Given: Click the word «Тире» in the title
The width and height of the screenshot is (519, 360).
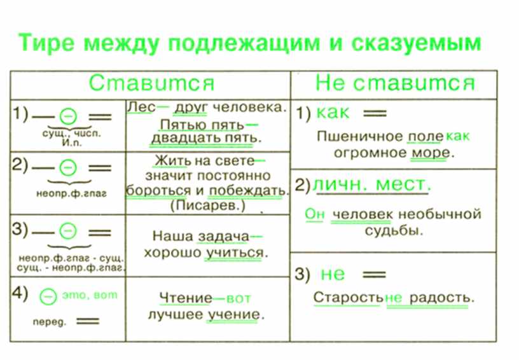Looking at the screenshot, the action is pos(46,43).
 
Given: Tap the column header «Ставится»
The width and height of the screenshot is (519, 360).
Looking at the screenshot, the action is pos(151,83).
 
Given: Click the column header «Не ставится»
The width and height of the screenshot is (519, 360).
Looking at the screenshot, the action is pos(395,83).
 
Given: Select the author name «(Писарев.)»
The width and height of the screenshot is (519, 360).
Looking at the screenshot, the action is pos(208,206).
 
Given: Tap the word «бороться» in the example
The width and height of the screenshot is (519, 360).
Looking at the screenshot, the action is pos(158,191).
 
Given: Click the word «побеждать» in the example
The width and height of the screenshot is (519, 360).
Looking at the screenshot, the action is pos(247,191).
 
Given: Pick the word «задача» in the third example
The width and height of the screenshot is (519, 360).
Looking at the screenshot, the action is pos(223,237).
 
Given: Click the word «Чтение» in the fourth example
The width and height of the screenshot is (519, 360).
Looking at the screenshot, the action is pos(186,298).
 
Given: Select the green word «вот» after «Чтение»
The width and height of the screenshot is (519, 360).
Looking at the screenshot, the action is pos(239,299).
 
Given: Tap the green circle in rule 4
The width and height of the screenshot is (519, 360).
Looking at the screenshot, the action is pos(48,296).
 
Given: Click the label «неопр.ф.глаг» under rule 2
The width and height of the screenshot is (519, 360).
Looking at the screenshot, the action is pos(71,193).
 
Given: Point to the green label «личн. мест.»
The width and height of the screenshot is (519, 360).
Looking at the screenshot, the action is pos(371,184).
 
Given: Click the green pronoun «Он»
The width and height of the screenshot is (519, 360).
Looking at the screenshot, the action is pos(315,214).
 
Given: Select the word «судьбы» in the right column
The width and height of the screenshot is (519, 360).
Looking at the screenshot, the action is pos(394,230).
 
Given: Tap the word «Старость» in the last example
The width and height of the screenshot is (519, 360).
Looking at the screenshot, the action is pos(348,298).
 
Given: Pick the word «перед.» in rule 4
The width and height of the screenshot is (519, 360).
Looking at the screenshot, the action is pos(50,322).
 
